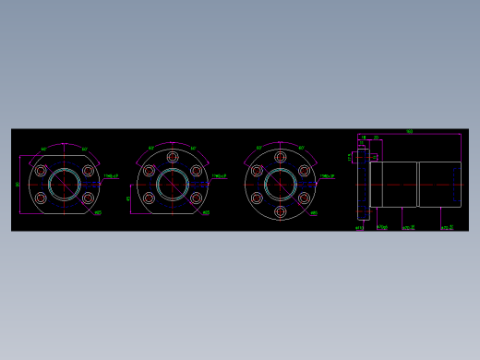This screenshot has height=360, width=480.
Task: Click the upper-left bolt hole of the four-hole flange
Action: (41, 170)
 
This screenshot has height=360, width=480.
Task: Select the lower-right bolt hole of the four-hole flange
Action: (88, 198)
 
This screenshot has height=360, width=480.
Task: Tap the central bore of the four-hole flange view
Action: (64, 184)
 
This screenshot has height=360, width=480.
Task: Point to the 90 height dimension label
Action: (18, 184)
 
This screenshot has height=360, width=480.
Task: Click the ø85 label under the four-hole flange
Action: (98, 213)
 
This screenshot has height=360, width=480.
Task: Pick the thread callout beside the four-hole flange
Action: (110, 175)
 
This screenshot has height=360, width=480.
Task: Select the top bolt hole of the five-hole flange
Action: (172, 158)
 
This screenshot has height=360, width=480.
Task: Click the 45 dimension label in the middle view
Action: (128, 198)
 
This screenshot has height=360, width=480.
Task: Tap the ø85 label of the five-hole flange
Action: (205, 213)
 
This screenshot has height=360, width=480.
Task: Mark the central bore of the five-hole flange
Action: (172, 184)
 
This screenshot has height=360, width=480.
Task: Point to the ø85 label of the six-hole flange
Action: (314, 213)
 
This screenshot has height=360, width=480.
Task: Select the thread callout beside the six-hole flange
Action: (327, 175)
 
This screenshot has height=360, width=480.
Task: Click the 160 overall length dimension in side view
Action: (409, 132)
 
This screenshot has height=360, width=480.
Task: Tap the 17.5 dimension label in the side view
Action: (350, 157)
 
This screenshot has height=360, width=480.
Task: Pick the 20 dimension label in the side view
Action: (376, 138)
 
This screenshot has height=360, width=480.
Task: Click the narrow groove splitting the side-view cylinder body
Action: (418, 184)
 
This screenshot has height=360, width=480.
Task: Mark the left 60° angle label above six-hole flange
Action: (260, 148)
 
